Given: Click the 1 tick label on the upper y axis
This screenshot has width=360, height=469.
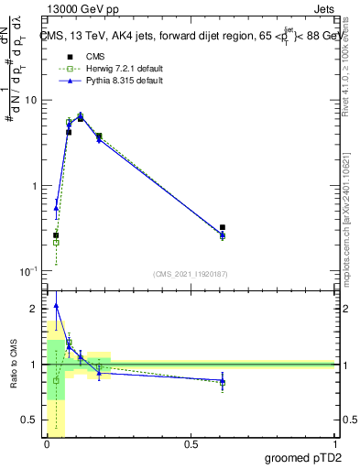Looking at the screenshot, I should [x=35, y=186].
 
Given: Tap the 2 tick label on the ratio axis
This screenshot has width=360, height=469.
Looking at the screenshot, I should [x=35, y=310].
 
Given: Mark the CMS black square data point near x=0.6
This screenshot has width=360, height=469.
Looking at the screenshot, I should [x=223, y=227].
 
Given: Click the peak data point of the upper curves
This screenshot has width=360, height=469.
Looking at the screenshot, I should [x=81, y=117].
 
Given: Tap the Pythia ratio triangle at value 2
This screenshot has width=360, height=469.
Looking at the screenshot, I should [x=56, y=306].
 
